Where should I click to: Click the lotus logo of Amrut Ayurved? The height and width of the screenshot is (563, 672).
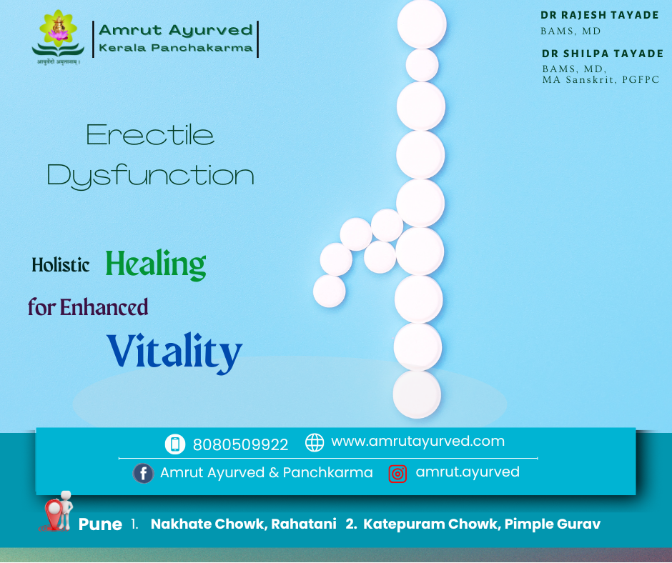58,34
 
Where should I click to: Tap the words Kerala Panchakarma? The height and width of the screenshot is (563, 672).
176,48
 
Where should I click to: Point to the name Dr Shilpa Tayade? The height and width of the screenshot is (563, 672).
603,54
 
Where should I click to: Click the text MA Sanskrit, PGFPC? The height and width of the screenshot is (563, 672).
601,79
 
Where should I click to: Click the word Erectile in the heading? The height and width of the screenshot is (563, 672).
150,135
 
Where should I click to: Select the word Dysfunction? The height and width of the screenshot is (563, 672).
150,176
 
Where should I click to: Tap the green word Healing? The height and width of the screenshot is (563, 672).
156,264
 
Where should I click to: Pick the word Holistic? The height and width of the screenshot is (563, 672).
61,265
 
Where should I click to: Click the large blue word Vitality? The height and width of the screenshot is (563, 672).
175,352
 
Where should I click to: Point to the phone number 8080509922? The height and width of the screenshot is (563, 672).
240,444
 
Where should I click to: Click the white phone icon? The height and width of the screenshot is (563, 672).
174,444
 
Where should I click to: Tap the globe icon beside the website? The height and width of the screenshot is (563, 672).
315,442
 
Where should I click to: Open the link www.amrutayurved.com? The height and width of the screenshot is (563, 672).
417,442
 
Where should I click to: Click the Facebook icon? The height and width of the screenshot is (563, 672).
144,473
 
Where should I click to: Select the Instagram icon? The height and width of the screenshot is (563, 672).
397,473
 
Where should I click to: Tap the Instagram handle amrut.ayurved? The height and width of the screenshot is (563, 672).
468,472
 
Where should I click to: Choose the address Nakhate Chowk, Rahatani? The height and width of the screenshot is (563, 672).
243,524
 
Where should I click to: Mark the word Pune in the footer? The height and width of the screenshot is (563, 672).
100,524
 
